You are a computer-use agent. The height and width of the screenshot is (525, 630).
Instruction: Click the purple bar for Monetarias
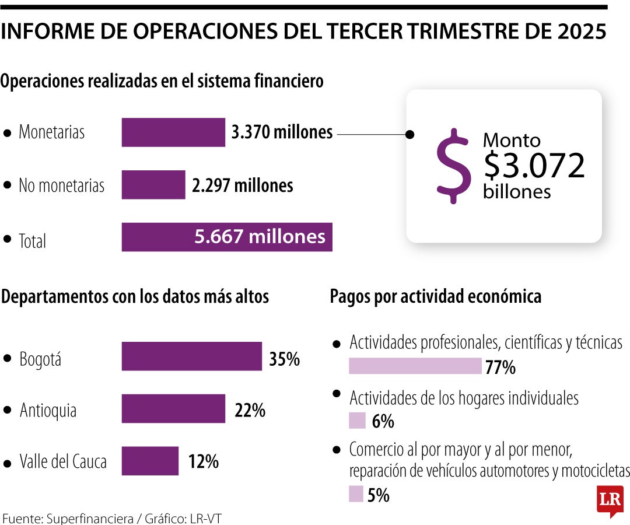pyautogui.click(x=173, y=132)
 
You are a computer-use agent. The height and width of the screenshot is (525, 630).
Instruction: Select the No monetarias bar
pyautogui.click(x=153, y=185)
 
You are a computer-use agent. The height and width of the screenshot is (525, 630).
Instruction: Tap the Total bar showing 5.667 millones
pyautogui.click(x=227, y=237)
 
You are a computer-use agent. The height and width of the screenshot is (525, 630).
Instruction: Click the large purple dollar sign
pyautogui.click(x=454, y=166)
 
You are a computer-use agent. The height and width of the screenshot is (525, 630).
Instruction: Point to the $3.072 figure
pyautogui.click(x=534, y=166)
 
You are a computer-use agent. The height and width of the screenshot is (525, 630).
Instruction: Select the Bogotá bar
pyautogui.click(x=191, y=356)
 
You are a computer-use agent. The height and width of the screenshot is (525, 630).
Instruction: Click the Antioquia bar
pyautogui.click(x=173, y=408)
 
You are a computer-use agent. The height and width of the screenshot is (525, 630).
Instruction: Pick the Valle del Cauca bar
pyautogui.click(x=150, y=461)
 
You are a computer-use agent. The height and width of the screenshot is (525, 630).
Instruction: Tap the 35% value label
pyautogui.click(x=285, y=359)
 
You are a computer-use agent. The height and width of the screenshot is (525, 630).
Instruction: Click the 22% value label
pyautogui.click(x=250, y=411)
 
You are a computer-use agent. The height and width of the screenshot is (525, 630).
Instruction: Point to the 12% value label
pyautogui.click(x=204, y=463)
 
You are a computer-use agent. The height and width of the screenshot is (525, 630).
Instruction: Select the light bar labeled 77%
pyautogui.click(x=415, y=366)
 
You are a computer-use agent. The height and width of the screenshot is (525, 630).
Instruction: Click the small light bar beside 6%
pyautogui.click(x=357, y=421)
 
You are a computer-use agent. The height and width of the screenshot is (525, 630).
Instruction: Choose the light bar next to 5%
pyautogui.click(x=356, y=494)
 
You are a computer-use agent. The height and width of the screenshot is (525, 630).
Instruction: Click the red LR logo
pyautogui.click(x=610, y=499)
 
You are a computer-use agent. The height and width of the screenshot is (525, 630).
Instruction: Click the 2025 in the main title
pyautogui.click(x=581, y=33)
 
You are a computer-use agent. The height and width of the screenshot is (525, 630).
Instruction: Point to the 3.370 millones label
pyautogui.click(x=282, y=132)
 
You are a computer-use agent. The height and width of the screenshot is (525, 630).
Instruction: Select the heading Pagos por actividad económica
pyautogui.click(x=436, y=296)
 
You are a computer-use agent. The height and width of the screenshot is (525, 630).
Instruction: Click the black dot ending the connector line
pyautogui.click(x=410, y=135)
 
